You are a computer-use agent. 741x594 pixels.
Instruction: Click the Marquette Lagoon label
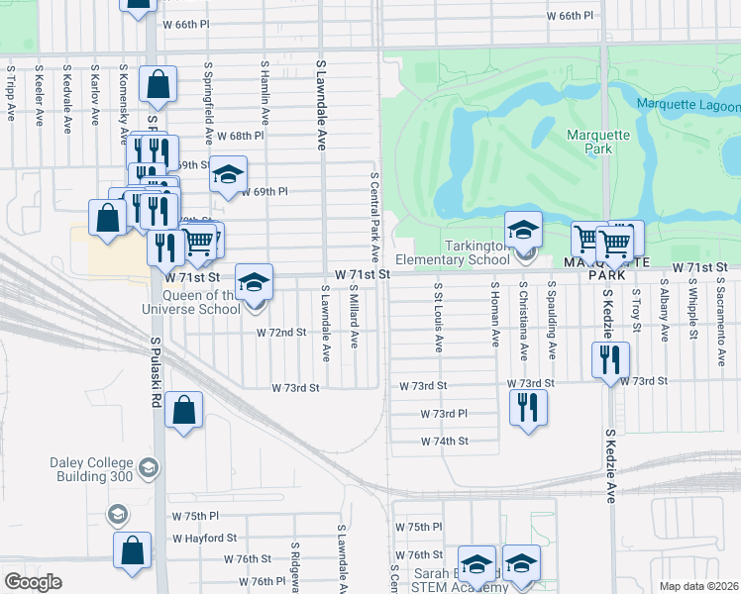688,106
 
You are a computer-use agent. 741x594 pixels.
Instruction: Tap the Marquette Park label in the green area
591,142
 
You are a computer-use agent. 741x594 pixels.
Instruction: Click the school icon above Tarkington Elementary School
523,231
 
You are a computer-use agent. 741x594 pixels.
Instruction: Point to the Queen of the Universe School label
202,302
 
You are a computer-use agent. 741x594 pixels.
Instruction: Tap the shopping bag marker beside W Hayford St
132,550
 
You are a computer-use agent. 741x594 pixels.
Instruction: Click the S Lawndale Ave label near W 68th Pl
321,104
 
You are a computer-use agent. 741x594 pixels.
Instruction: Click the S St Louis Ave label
437,316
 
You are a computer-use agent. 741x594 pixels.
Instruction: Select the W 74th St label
444,442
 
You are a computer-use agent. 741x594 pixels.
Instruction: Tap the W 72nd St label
280,333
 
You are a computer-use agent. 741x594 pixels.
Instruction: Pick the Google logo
33,582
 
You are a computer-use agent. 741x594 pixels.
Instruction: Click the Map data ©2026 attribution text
698,586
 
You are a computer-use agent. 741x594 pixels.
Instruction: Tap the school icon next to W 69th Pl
228,175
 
